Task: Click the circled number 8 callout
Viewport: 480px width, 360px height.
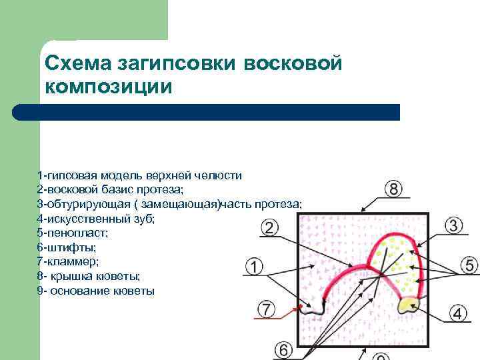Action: click(394, 189)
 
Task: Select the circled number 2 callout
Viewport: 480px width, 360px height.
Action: click(268, 228)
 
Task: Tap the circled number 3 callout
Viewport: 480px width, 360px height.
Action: click(453, 225)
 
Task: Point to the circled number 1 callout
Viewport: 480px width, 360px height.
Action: click(254, 267)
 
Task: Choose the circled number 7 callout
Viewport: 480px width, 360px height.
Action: click(283, 349)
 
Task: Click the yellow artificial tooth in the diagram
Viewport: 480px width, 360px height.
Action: click(407, 305)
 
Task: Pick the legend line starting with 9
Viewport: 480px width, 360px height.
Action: click(96, 291)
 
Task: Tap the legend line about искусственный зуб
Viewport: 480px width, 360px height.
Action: click(96, 218)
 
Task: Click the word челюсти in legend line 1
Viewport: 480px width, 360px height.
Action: click(219, 175)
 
